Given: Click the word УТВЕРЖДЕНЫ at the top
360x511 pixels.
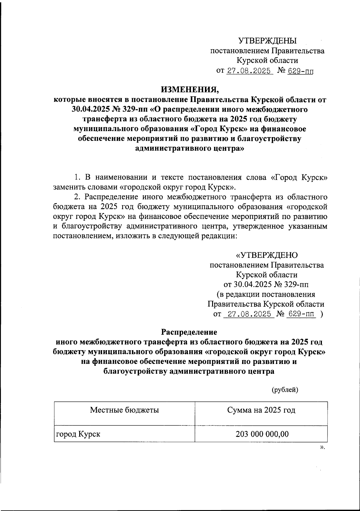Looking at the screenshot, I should (267, 41).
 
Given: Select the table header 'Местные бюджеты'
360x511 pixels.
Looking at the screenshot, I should (124, 410).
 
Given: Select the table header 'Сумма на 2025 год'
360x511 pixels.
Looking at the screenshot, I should (261, 410).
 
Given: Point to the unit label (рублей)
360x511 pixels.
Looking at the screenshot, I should (284, 390).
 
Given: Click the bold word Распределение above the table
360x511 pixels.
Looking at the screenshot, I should (189, 332).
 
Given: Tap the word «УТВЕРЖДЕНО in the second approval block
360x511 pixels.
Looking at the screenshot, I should (267, 255).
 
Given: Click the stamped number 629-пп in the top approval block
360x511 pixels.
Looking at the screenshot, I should (300, 71).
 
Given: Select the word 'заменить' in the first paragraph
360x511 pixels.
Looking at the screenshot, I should (67, 187).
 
